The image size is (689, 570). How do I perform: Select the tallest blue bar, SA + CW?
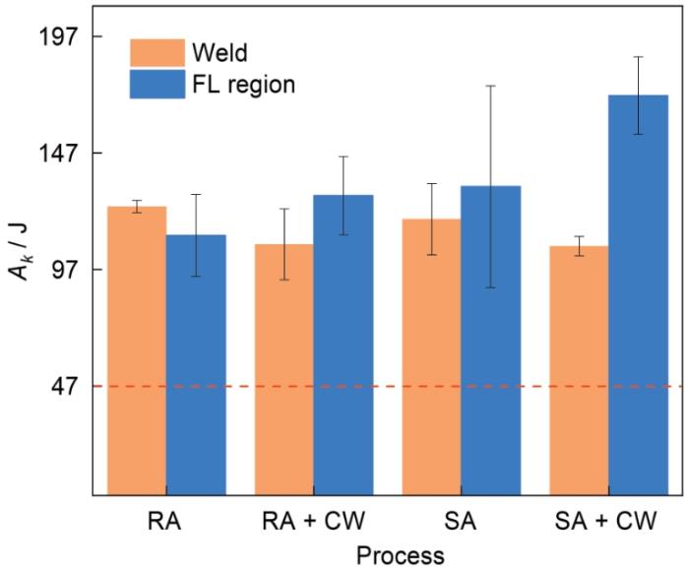point(638,294)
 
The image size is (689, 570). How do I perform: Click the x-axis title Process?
point(400,555)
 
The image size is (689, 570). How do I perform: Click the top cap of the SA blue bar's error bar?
point(490,87)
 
